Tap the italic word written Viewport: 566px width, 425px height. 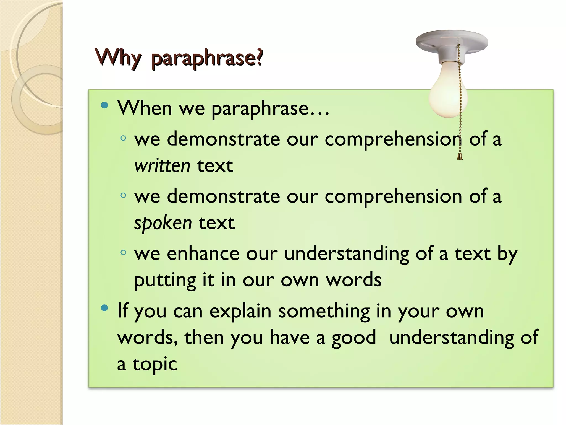click(162, 166)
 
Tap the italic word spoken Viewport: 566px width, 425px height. click(163, 223)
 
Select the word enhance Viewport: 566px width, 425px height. click(203, 254)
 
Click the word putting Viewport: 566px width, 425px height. click(165, 280)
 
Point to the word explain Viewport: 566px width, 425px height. click(240, 311)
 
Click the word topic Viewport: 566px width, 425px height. click(155, 364)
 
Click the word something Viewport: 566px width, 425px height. click(324, 311)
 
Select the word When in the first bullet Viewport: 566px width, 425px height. click(145, 108)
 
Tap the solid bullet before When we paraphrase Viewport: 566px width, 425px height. click(104, 105)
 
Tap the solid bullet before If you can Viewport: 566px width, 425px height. click(104, 308)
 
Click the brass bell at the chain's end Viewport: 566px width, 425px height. click(460, 157)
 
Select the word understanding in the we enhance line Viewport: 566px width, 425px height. click(347, 254)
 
